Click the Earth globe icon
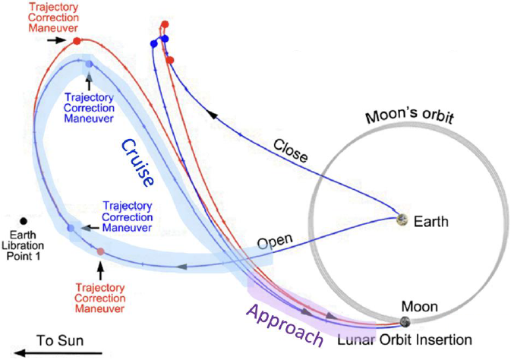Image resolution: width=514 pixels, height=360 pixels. point(404,221)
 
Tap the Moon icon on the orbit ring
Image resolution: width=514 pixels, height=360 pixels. point(405,323)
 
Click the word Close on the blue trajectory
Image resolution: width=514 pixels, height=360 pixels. point(289,151)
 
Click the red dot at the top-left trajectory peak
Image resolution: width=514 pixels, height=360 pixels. point(77,40)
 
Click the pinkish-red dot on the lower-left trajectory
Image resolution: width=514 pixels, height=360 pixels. point(100,251)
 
